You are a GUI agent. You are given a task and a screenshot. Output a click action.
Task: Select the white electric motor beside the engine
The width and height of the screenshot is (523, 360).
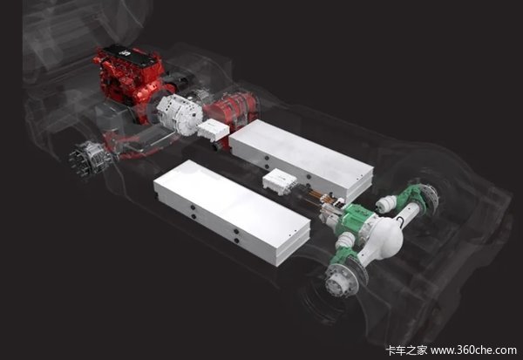point(180,113)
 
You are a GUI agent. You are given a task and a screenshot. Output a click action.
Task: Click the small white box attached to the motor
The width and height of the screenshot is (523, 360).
point(213,131)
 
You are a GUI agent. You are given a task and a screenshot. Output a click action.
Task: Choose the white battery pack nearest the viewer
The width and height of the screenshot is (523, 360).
point(232,212)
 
